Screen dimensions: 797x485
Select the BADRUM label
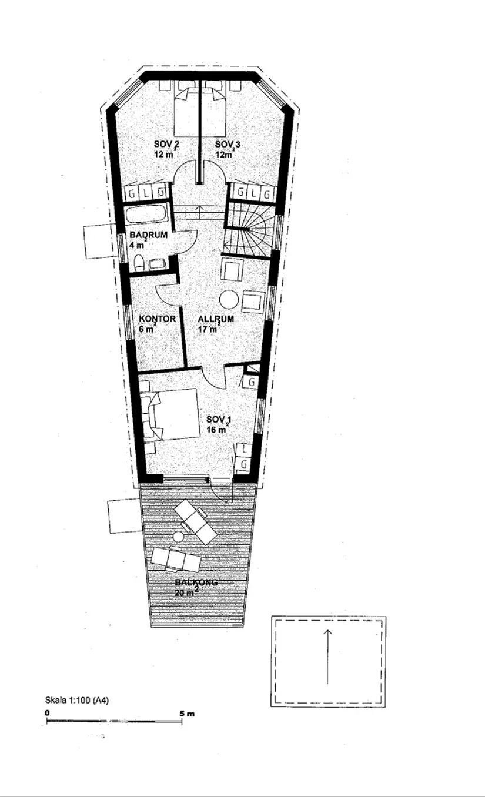(148, 235)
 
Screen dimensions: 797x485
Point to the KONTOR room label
(158, 319)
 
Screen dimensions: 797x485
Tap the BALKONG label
(196, 582)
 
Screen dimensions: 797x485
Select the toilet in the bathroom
(139, 263)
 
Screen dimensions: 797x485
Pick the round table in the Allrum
(229, 299)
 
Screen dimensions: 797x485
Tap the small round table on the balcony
(178, 536)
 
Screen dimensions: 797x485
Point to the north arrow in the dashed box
(328, 657)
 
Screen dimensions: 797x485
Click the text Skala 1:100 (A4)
(77, 700)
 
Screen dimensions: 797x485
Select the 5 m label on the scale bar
(187, 714)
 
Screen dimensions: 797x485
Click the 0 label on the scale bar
(47, 713)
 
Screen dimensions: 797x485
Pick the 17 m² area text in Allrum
(208, 329)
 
